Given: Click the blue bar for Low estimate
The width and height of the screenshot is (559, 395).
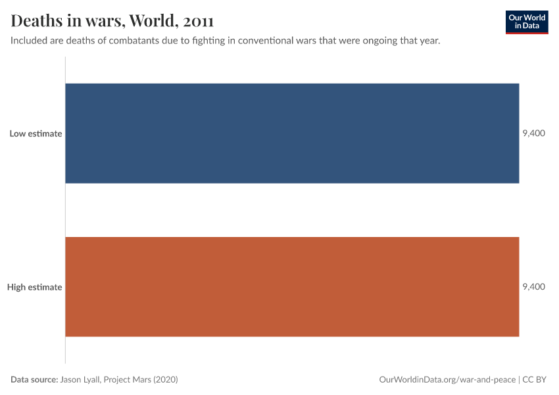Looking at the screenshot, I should pyautogui.click(x=292, y=133).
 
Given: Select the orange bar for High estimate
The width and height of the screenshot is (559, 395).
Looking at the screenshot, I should pyautogui.click(x=292, y=286).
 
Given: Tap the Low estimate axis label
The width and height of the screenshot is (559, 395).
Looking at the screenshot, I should pyautogui.click(x=36, y=134).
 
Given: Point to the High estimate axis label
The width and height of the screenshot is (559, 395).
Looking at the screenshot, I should pyautogui.click(x=35, y=287).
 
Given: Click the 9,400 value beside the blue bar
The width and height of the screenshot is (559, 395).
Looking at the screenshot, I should pyautogui.click(x=533, y=134).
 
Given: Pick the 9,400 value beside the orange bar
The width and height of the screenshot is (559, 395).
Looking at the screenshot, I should pyautogui.click(x=533, y=287).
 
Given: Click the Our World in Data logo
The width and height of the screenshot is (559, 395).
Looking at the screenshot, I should pyautogui.click(x=526, y=22).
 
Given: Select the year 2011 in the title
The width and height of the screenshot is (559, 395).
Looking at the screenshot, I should pyautogui.click(x=199, y=21).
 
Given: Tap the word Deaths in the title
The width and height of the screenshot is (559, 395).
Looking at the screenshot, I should pyautogui.click(x=36, y=21).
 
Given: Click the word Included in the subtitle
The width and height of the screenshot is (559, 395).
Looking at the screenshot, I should pyautogui.click(x=30, y=41).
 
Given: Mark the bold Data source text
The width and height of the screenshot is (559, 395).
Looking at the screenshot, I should pyautogui.click(x=34, y=380).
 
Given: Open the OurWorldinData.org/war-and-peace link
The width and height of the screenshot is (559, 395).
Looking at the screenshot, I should pyautogui.click(x=448, y=380).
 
